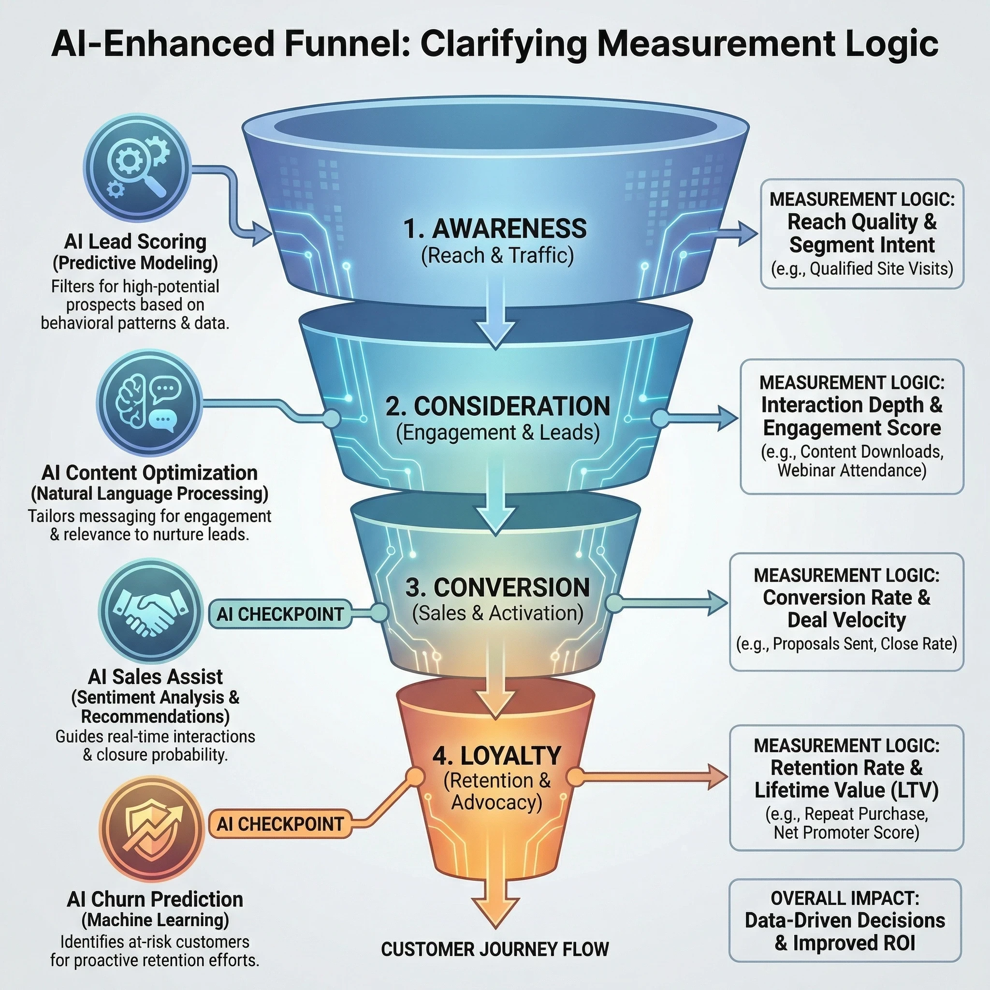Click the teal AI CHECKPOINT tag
coord(280,614)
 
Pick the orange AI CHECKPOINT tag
coord(280,824)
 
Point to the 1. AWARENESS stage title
coord(495,229)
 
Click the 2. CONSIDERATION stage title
coord(497,407)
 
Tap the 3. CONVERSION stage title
coord(497,587)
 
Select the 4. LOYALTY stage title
coord(496,756)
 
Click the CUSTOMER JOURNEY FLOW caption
coord(495,949)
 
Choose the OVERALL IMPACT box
coord(845,920)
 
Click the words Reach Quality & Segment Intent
coord(862,233)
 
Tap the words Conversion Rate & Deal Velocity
coord(846,609)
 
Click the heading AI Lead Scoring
coord(135,241)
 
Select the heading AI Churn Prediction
coord(155,899)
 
